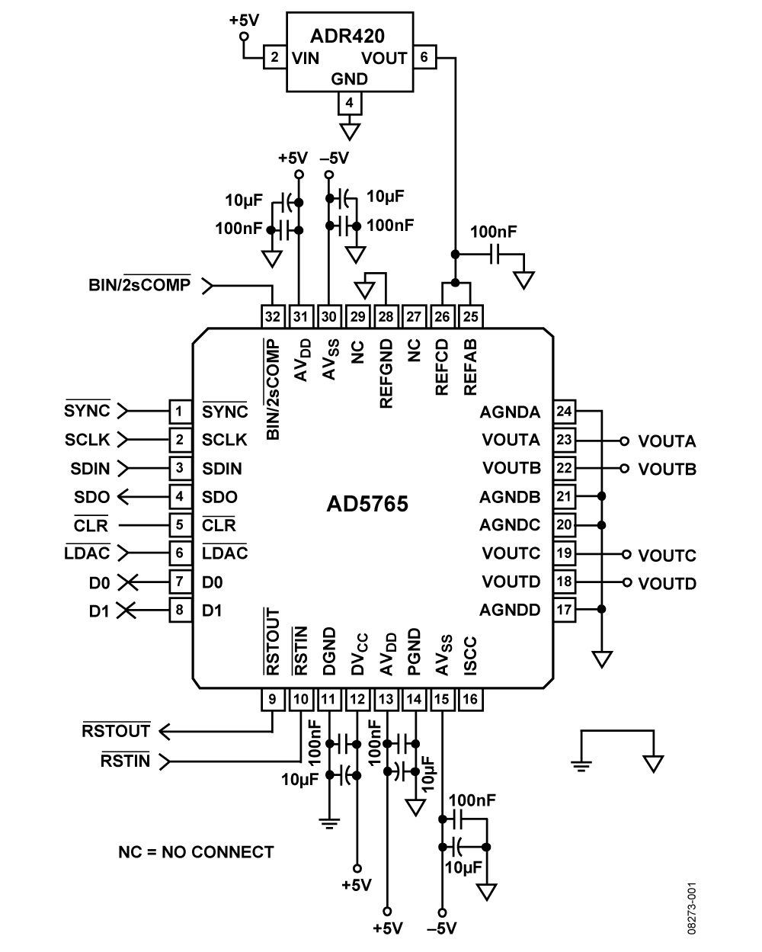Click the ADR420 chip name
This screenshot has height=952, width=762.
coord(347,37)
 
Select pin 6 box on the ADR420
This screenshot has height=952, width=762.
coord(424,57)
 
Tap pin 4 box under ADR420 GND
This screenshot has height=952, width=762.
coord(350,103)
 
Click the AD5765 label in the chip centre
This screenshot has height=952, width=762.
coord(367,504)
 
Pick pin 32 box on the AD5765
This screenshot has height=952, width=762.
coord(273,316)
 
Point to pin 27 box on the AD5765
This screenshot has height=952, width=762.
coord(414,316)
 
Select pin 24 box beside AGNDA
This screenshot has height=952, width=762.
coord(565,412)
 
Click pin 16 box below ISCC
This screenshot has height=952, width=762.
coord(470,700)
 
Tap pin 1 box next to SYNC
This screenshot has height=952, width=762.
coord(181,412)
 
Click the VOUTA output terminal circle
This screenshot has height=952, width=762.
coord(624,441)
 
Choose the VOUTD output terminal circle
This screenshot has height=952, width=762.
coord(626,582)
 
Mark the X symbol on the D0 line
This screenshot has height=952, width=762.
coord(128,582)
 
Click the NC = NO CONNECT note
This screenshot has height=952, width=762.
coord(196,852)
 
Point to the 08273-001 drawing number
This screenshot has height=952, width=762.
coord(692,909)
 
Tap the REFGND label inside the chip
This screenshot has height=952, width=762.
coord(386,373)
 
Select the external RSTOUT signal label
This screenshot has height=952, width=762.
coord(116,730)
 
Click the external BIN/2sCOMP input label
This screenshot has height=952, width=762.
coord(139,284)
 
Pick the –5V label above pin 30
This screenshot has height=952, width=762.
coord(335,158)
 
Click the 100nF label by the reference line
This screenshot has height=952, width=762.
coord(493,232)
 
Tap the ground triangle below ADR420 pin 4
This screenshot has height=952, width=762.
coord(350,132)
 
